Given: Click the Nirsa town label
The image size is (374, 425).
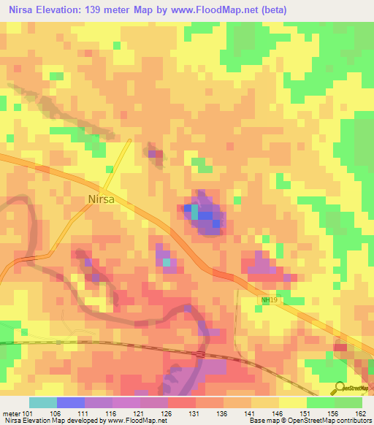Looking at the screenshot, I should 102,199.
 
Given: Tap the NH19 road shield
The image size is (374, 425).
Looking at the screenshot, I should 270,300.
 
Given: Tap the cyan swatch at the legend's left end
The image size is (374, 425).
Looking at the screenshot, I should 43,402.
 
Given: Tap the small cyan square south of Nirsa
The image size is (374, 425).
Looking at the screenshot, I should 167,261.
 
